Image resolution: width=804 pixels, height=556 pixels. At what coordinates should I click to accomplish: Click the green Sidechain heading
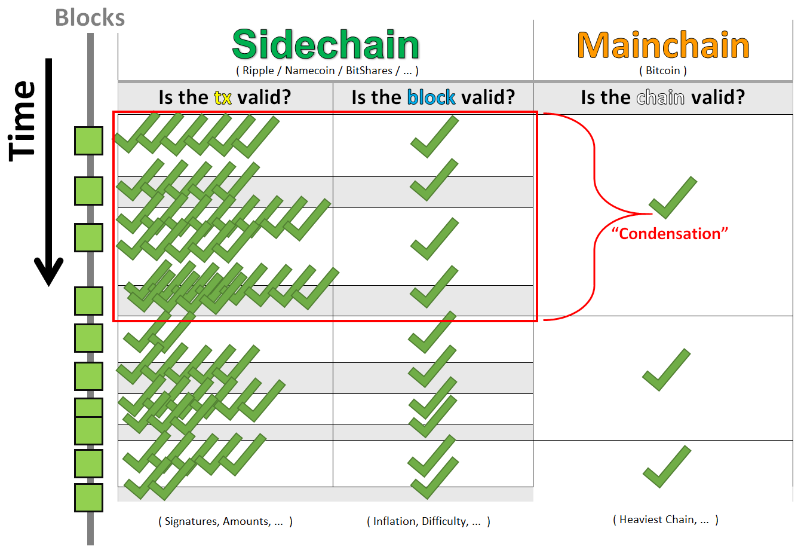point(326,44)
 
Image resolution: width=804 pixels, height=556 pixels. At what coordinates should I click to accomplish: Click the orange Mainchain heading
point(663,45)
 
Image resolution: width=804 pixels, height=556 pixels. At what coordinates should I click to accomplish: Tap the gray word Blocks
point(90,17)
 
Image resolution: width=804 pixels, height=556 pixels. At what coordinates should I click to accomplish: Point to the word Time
point(22,121)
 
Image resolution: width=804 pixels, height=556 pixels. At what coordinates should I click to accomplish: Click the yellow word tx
point(223,97)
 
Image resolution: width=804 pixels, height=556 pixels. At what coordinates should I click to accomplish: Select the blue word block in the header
point(431,97)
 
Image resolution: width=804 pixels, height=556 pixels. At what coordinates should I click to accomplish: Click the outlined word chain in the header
point(661,97)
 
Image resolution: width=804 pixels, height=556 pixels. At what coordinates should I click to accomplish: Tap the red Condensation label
point(670,234)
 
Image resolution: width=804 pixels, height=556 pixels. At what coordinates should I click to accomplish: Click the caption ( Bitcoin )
point(663,71)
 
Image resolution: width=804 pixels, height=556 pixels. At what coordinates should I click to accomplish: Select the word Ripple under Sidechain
point(258,71)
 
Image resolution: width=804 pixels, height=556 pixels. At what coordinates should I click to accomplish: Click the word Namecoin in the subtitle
point(310,71)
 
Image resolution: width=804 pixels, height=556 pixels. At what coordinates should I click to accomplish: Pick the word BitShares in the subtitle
point(369,71)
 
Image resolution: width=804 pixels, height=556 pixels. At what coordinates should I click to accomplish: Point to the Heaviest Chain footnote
point(664,520)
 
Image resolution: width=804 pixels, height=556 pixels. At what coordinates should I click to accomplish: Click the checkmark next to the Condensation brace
point(673,197)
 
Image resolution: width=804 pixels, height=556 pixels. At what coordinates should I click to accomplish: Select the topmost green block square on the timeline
point(88,141)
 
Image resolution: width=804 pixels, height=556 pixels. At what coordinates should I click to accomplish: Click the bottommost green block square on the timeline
point(88,497)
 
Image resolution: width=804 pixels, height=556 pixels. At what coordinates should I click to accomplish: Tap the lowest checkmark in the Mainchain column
point(667,466)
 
